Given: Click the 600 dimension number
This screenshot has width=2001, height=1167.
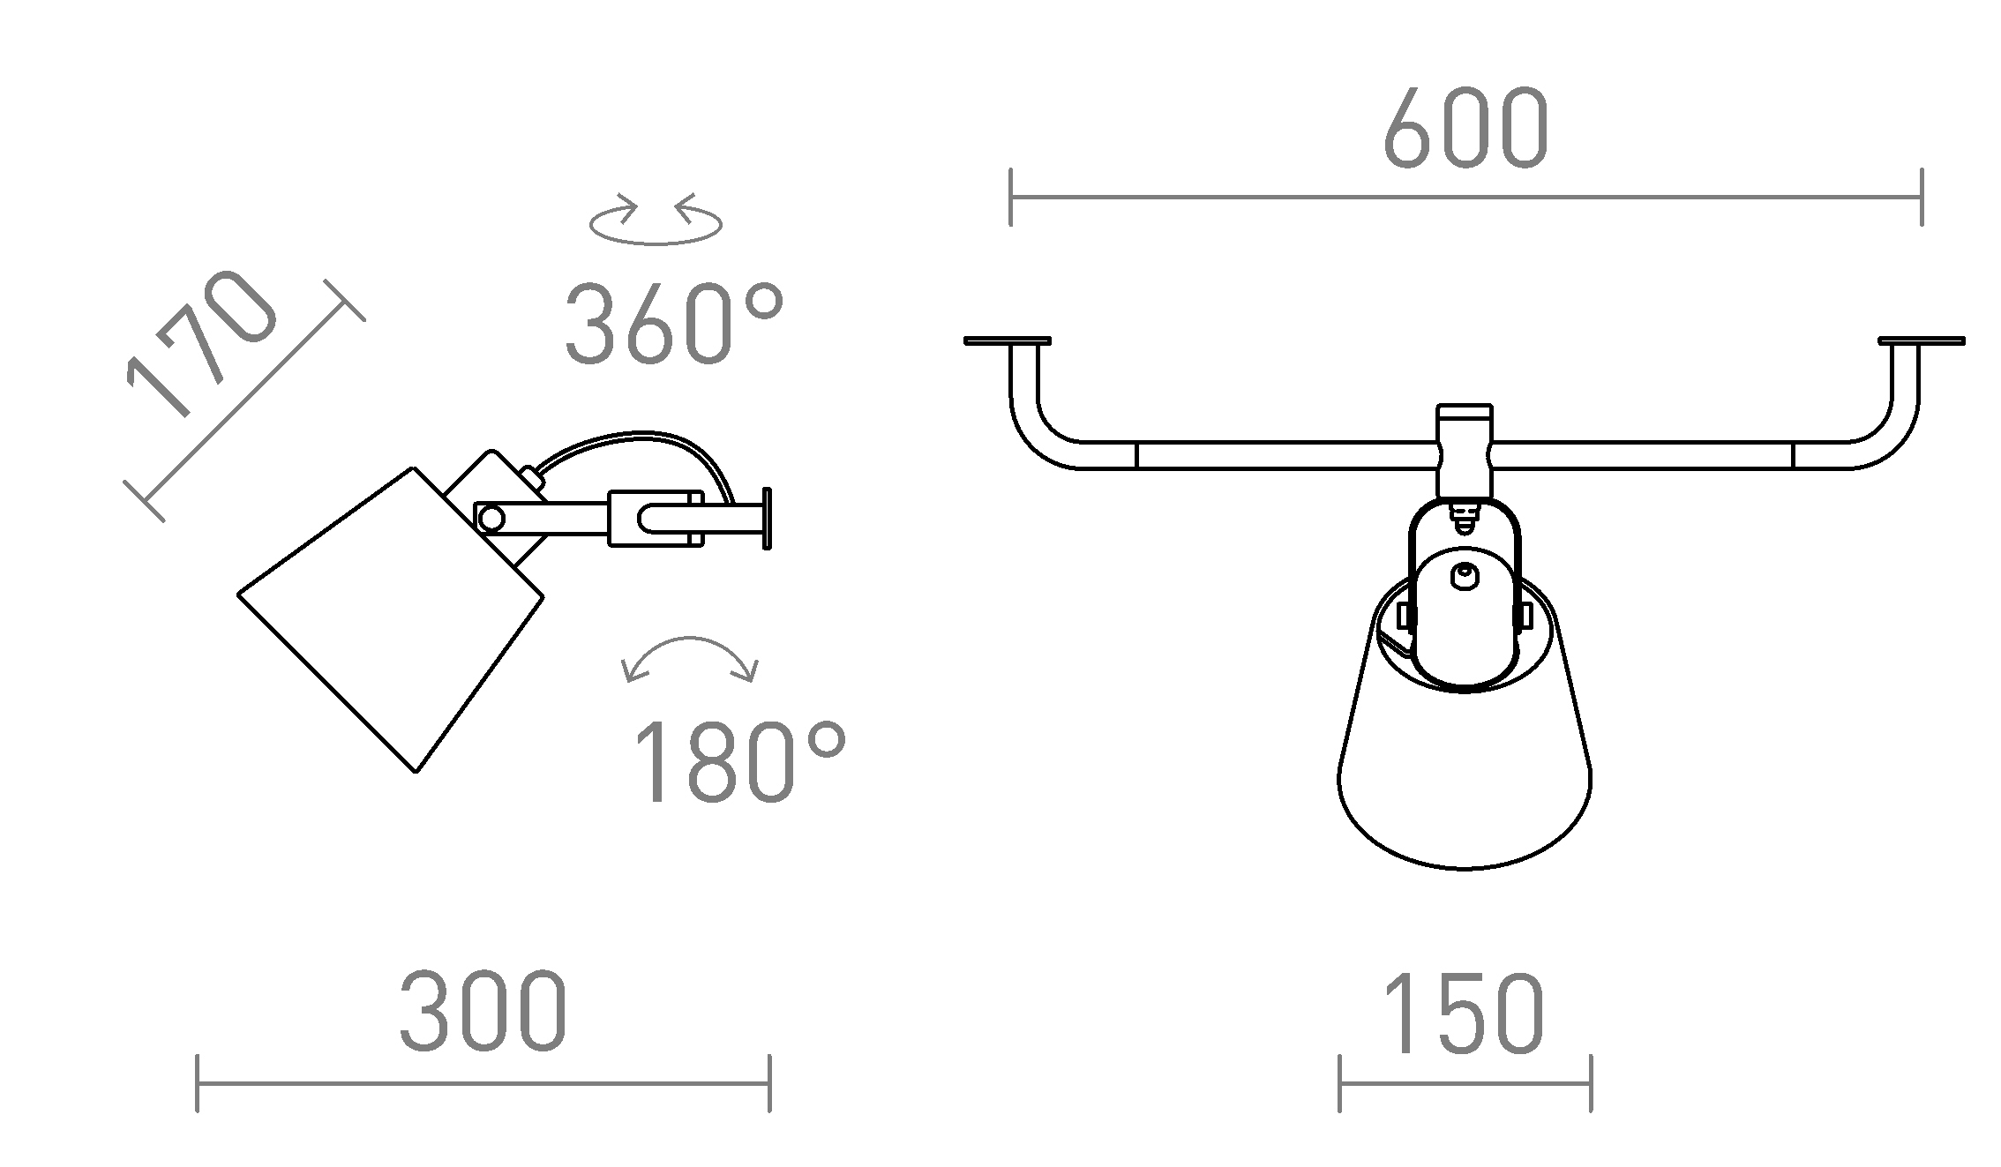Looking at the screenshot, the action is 1465,128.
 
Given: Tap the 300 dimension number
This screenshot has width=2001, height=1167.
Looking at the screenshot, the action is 483,1012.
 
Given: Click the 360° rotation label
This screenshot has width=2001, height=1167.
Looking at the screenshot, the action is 674,324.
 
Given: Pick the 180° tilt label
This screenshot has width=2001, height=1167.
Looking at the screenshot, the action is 739,760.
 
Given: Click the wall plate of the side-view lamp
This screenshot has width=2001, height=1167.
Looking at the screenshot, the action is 767,519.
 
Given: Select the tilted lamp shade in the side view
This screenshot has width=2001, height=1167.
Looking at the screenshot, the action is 391,619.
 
